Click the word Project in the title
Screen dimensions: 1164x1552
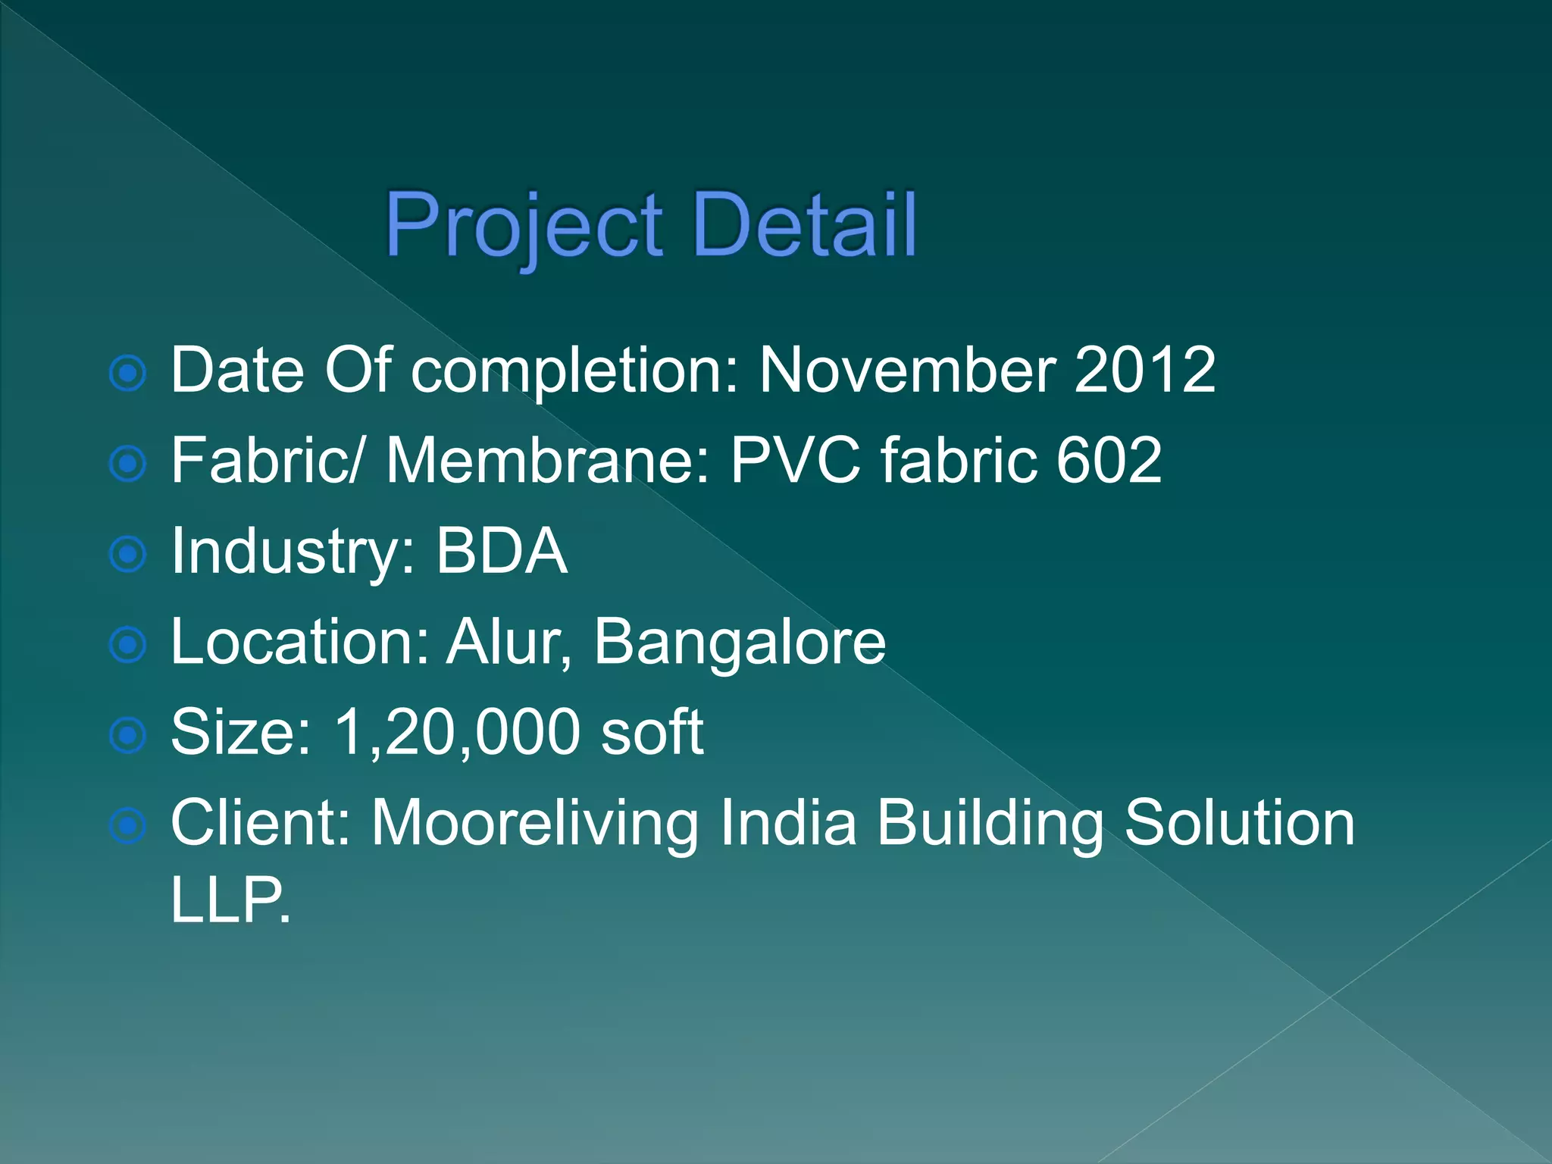click(524, 226)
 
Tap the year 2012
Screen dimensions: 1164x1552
click(1144, 370)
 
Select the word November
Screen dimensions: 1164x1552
click(907, 370)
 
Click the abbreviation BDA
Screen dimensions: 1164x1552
click(501, 551)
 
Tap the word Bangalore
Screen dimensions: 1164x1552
click(739, 642)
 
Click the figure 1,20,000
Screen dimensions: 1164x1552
click(456, 732)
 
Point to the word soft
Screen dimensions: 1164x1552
click(652, 732)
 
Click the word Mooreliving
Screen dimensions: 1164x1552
click(535, 823)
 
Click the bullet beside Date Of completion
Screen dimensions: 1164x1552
click(127, 373)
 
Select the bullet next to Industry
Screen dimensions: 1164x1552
click(127, 554)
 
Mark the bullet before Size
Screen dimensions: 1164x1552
click(127, 735)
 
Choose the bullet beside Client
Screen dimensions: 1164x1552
click(127, 826)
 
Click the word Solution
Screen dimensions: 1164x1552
click(1239, 823)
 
